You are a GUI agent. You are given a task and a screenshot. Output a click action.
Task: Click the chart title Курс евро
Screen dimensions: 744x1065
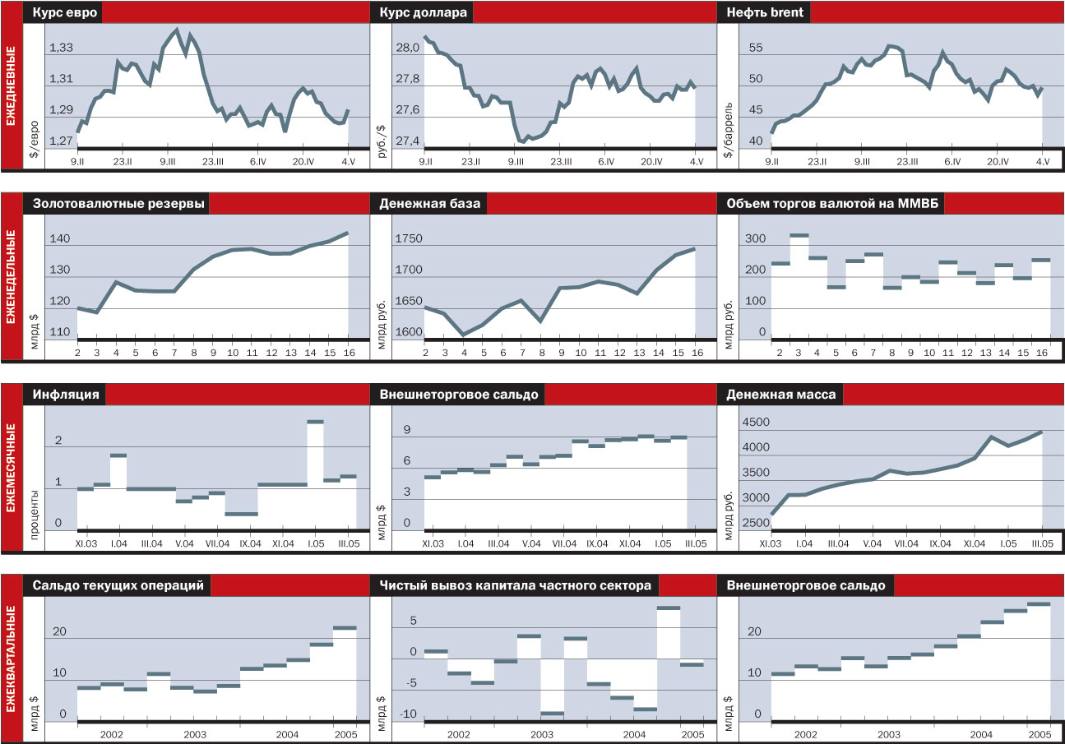(x=64, y=13)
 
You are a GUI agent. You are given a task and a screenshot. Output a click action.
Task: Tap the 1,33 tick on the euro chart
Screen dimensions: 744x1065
(x=60, y=49)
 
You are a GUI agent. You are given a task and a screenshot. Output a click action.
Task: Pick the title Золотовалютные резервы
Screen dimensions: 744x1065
(x=119, y=204)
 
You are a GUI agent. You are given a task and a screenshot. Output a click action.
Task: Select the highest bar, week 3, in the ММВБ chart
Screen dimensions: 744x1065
(x=799, y=236)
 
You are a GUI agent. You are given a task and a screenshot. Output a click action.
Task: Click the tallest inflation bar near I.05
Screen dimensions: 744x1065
(x=316, y=422)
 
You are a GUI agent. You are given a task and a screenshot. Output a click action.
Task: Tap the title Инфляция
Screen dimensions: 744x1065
(x=67, y=395)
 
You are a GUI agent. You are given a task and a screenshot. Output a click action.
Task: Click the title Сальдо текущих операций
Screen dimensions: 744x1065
(x=118, y=585)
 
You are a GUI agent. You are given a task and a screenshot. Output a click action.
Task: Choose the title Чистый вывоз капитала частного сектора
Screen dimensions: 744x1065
(x=516, y=585)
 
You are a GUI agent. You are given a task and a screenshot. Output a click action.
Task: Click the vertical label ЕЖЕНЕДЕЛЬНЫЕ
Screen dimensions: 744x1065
(x=12, y=276)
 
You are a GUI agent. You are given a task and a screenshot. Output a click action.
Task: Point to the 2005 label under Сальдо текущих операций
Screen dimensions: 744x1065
(x=345, y=733)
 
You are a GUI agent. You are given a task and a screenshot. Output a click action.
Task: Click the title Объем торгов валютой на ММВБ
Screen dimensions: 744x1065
(x=831, y=204)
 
